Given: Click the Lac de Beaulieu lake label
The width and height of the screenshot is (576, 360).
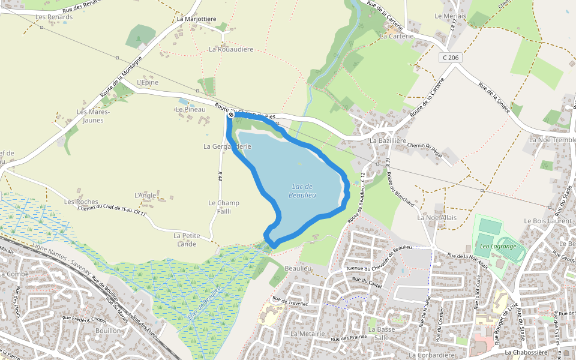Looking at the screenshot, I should pyautogui.click(x=302, y=190).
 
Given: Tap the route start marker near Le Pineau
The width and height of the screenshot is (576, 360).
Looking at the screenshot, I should pyautogui.click(x=231, y=114).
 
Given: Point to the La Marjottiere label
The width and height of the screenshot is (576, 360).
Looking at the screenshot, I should pyautogui.click(x=196, y=19).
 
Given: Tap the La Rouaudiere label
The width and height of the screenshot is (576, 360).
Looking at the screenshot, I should pyautogui.click(x=231, y=49).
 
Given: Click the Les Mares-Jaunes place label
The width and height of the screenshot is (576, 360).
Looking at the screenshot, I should pyautogui.click(x=90, y=116).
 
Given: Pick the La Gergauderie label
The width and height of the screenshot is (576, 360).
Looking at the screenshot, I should pyautogui.click(x=227, y=146).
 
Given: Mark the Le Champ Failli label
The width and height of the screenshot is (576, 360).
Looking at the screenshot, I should pyautogui.click(x=224, y=206).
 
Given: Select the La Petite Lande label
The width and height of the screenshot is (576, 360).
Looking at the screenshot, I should pyautogui.click(x=187, y=239).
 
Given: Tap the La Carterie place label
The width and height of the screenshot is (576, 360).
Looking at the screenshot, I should pyautogui.click(x=397, y=36).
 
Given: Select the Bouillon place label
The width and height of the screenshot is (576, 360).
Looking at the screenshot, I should pyautogui.click(x=108, y=331).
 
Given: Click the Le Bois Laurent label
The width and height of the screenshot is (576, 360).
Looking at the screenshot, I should pyautogui.click(x=548, y=221).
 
